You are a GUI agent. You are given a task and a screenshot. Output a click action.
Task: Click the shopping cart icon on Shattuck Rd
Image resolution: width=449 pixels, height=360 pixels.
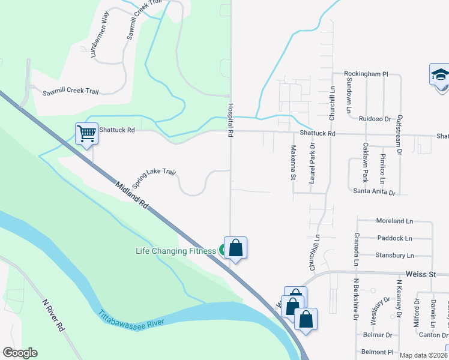pyautogui.click(x=86, y=133)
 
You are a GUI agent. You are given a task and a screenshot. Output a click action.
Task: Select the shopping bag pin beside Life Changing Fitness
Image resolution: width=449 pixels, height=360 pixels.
pyautogui.click(x=236, y=248)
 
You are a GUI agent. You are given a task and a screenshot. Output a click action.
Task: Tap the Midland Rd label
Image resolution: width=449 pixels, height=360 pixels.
pyautogui.click(x=130, y=195)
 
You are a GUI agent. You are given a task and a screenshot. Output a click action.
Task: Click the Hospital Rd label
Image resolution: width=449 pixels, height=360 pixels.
pyautogui.click(x=229, y=119)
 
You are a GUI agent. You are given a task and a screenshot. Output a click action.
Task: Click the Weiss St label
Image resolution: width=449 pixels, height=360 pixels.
pyautogui.click(x=420, y=274)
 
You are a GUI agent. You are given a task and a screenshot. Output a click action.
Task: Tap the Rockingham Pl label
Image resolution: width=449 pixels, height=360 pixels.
pyautogui.click(x=366, y=74)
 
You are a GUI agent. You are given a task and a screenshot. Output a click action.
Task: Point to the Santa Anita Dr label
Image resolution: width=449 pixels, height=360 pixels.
pyautogui.click(x=375, y=193)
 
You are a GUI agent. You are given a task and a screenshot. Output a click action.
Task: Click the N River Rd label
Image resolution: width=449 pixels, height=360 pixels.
pyautogui.click(x=52, y=315)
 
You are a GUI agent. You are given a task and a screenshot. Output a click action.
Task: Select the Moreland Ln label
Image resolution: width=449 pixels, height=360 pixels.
pyautogui.click(x=394, y=221)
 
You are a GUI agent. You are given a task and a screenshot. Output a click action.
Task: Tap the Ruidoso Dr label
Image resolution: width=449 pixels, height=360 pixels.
pyautogui.click(x=375, y=119)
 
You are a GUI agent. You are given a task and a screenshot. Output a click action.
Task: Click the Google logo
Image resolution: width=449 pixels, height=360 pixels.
pyautogui.click(x=20, y=352)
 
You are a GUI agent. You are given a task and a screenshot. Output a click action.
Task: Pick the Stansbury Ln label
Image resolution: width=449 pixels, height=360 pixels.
pyautogui.click(x=394, y=255)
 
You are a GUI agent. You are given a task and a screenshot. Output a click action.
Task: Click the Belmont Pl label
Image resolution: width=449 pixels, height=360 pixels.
pyautogui.click(x=377, y=352)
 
